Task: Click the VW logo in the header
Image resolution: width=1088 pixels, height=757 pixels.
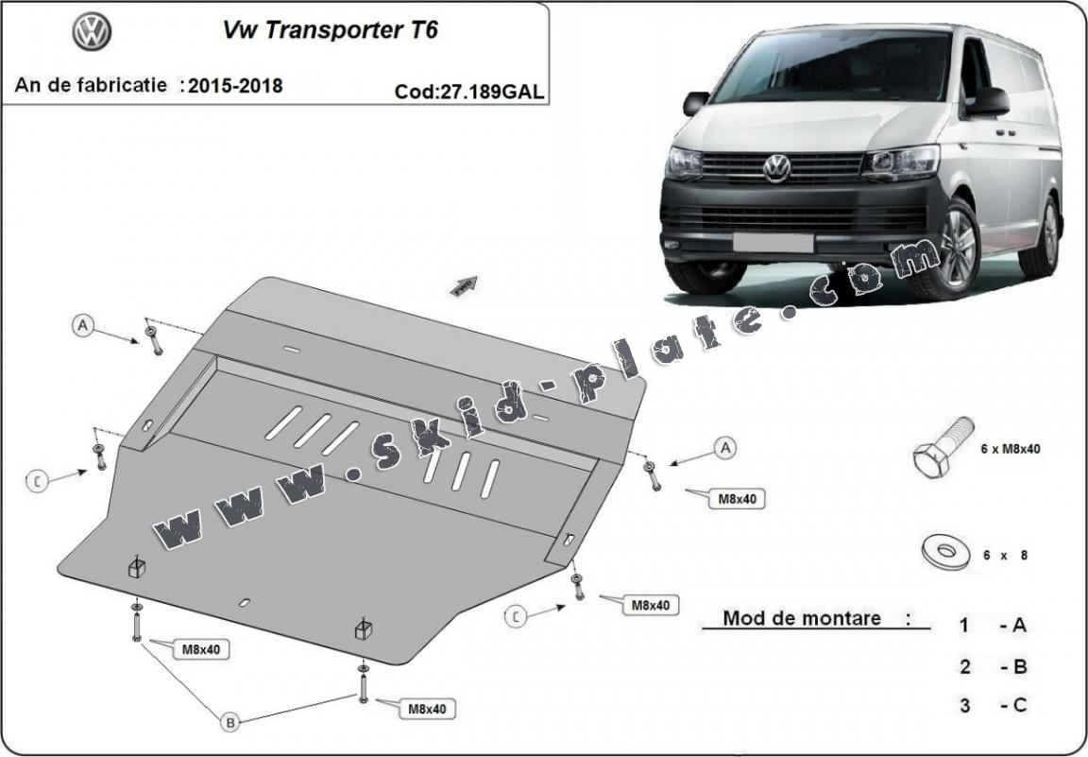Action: (x=92, y=33)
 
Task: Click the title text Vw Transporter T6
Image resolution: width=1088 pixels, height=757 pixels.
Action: (x=330, y=29)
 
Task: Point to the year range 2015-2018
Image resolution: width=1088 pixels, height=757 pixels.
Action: (x=235, y=86)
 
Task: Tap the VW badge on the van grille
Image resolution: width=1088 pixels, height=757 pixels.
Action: (x=776, y=167)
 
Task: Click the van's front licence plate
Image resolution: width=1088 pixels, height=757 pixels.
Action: (x=772, y=242)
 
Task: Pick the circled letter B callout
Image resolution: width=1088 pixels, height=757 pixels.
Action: (x=229, y=722)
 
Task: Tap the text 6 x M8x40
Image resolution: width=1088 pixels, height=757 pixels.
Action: (x=1010, y=449)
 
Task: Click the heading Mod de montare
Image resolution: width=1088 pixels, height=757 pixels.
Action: (x=803, y=619)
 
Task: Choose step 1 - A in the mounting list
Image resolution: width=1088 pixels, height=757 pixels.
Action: (x=992, y=625)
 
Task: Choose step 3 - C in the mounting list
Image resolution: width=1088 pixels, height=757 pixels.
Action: (x=992, y=704)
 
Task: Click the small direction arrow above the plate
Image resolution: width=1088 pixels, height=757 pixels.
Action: (x=466, y=285)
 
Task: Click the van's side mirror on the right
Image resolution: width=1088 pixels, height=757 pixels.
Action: (x=988, y=100)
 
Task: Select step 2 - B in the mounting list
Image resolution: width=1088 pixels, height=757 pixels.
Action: (x=992, y=666)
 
